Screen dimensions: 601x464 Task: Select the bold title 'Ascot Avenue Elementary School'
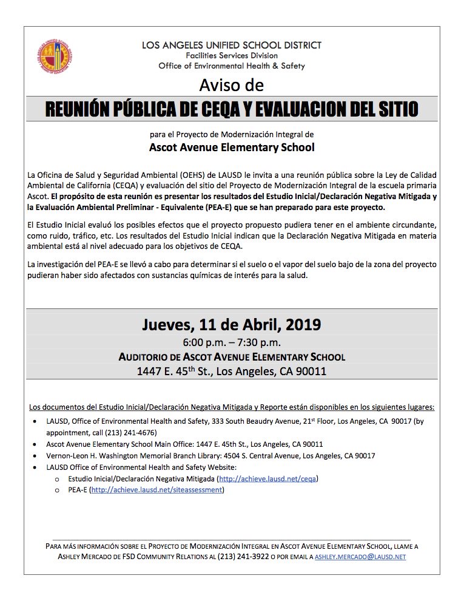pos(232,147)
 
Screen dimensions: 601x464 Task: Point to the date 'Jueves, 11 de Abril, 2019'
pos(232,324)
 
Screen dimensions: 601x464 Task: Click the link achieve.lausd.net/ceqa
pos(268,479)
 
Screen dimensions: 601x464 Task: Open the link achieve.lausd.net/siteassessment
pos(156,490)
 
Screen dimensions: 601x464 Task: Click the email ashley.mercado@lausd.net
pos(361,556)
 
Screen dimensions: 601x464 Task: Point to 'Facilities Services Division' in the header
pos(232,55)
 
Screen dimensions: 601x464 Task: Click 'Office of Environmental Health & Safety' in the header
pos(232,66)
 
